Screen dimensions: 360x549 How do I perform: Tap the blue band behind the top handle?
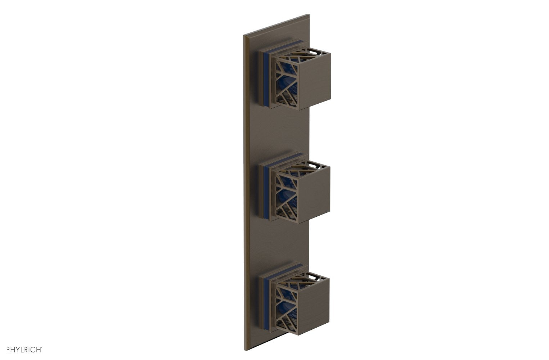[267, 79]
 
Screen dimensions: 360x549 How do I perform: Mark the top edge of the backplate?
[277, 25]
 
